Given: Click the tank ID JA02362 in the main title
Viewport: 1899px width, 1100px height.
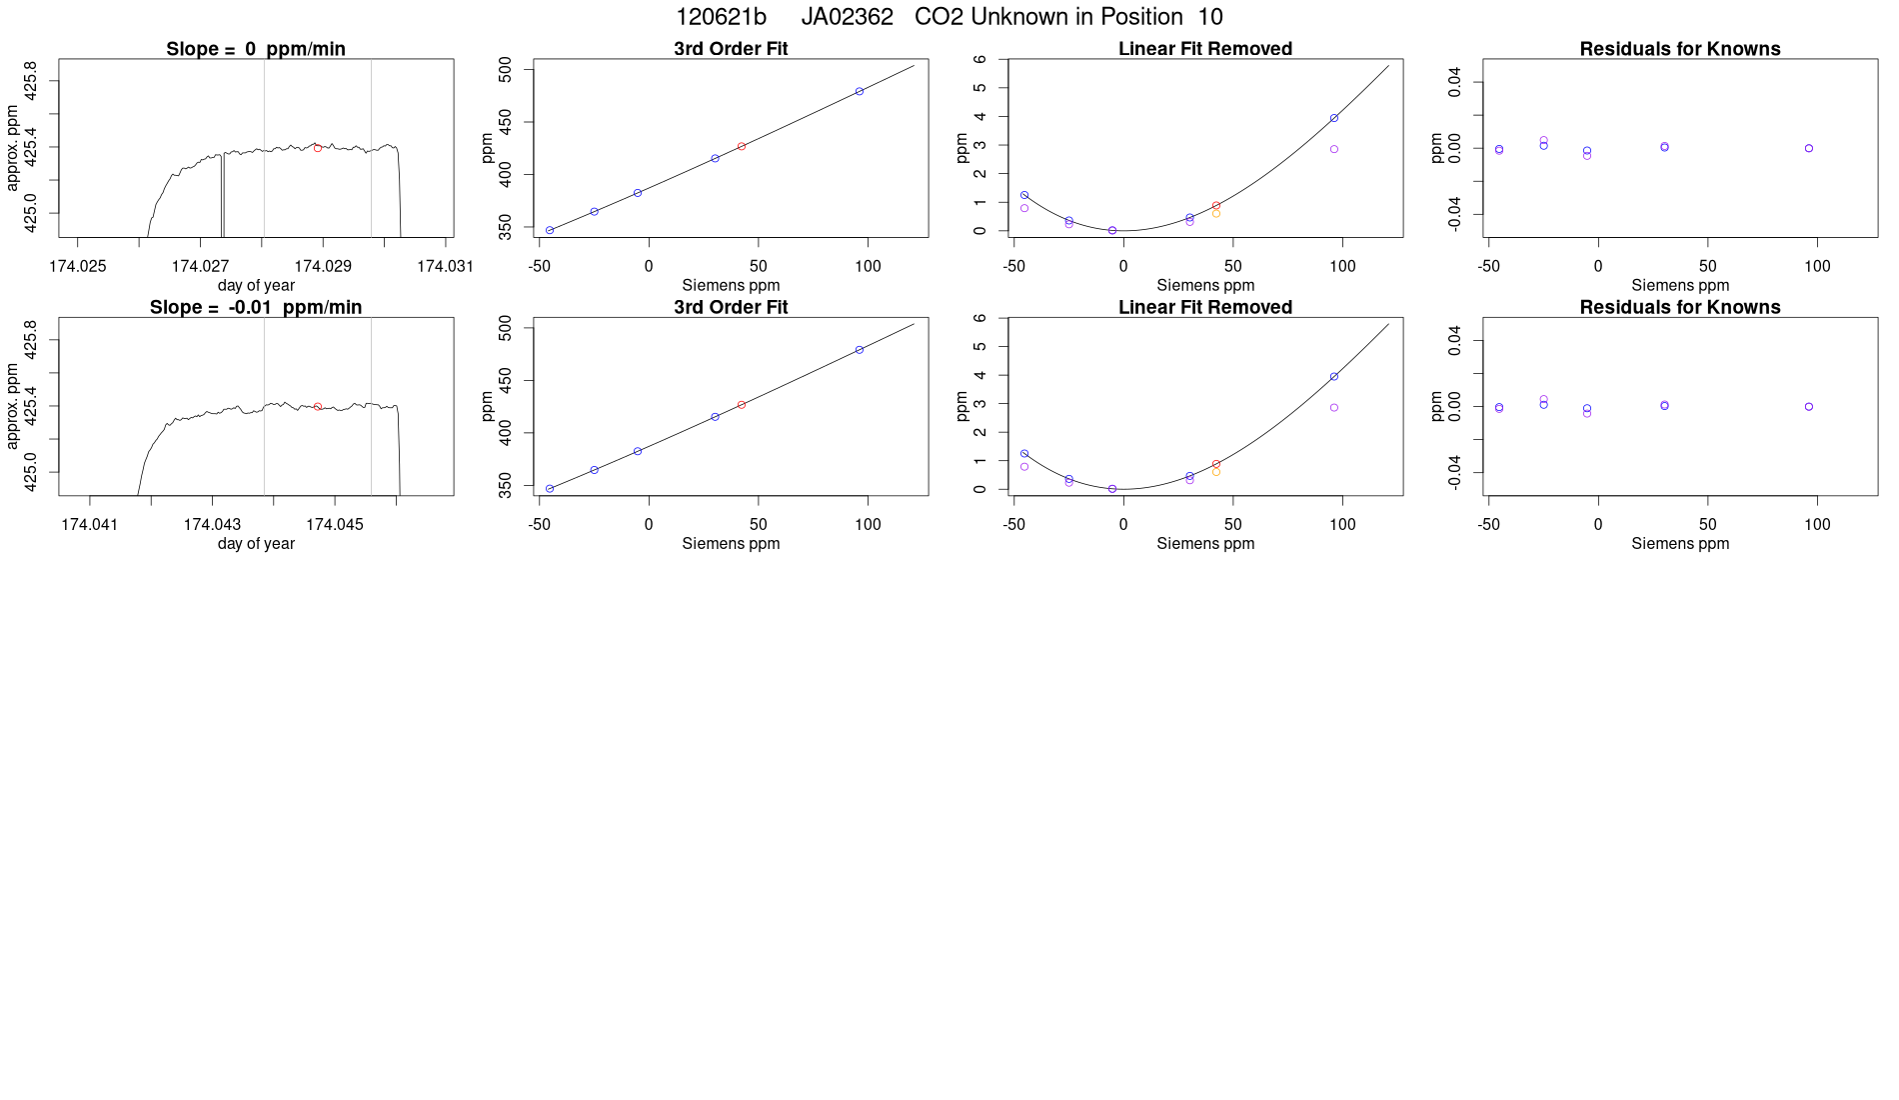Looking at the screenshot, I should point(847,17).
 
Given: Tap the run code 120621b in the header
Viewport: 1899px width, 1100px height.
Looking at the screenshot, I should point(721,17).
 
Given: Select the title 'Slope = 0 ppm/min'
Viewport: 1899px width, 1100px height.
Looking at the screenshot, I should point(256,49).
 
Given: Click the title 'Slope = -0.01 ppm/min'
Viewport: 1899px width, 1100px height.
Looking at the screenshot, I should point(256,307).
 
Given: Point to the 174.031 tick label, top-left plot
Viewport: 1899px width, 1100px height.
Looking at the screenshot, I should point(445,266).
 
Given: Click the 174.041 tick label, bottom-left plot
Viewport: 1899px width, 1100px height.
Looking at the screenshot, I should point(90,524).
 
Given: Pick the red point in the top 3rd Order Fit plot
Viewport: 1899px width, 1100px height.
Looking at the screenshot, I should point(742,147).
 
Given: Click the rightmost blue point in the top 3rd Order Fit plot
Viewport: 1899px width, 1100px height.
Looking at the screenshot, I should point(860,92).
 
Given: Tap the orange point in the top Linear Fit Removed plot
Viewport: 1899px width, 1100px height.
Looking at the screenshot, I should point(1216,213).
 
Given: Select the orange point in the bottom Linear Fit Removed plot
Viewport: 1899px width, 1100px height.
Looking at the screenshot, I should point(1216,471).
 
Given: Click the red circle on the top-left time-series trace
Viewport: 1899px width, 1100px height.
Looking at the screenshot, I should point(318,148).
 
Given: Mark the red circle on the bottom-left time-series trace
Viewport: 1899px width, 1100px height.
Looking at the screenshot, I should point(318,407).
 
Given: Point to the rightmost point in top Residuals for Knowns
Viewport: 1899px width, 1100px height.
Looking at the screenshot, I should point(1809,148).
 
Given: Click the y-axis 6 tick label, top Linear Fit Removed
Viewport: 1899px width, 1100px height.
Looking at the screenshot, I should point(980,59).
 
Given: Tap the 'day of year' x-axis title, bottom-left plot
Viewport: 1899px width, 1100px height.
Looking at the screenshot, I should point(256,544).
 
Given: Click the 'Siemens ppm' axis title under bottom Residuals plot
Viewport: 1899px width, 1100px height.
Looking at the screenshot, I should point(1680,544).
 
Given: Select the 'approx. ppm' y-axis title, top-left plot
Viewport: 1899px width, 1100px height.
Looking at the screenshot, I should point(13,148).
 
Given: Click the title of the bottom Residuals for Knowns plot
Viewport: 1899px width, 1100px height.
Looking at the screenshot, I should point(1680,307).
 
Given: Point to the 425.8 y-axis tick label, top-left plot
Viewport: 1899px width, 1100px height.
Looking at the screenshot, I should point(31,81).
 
